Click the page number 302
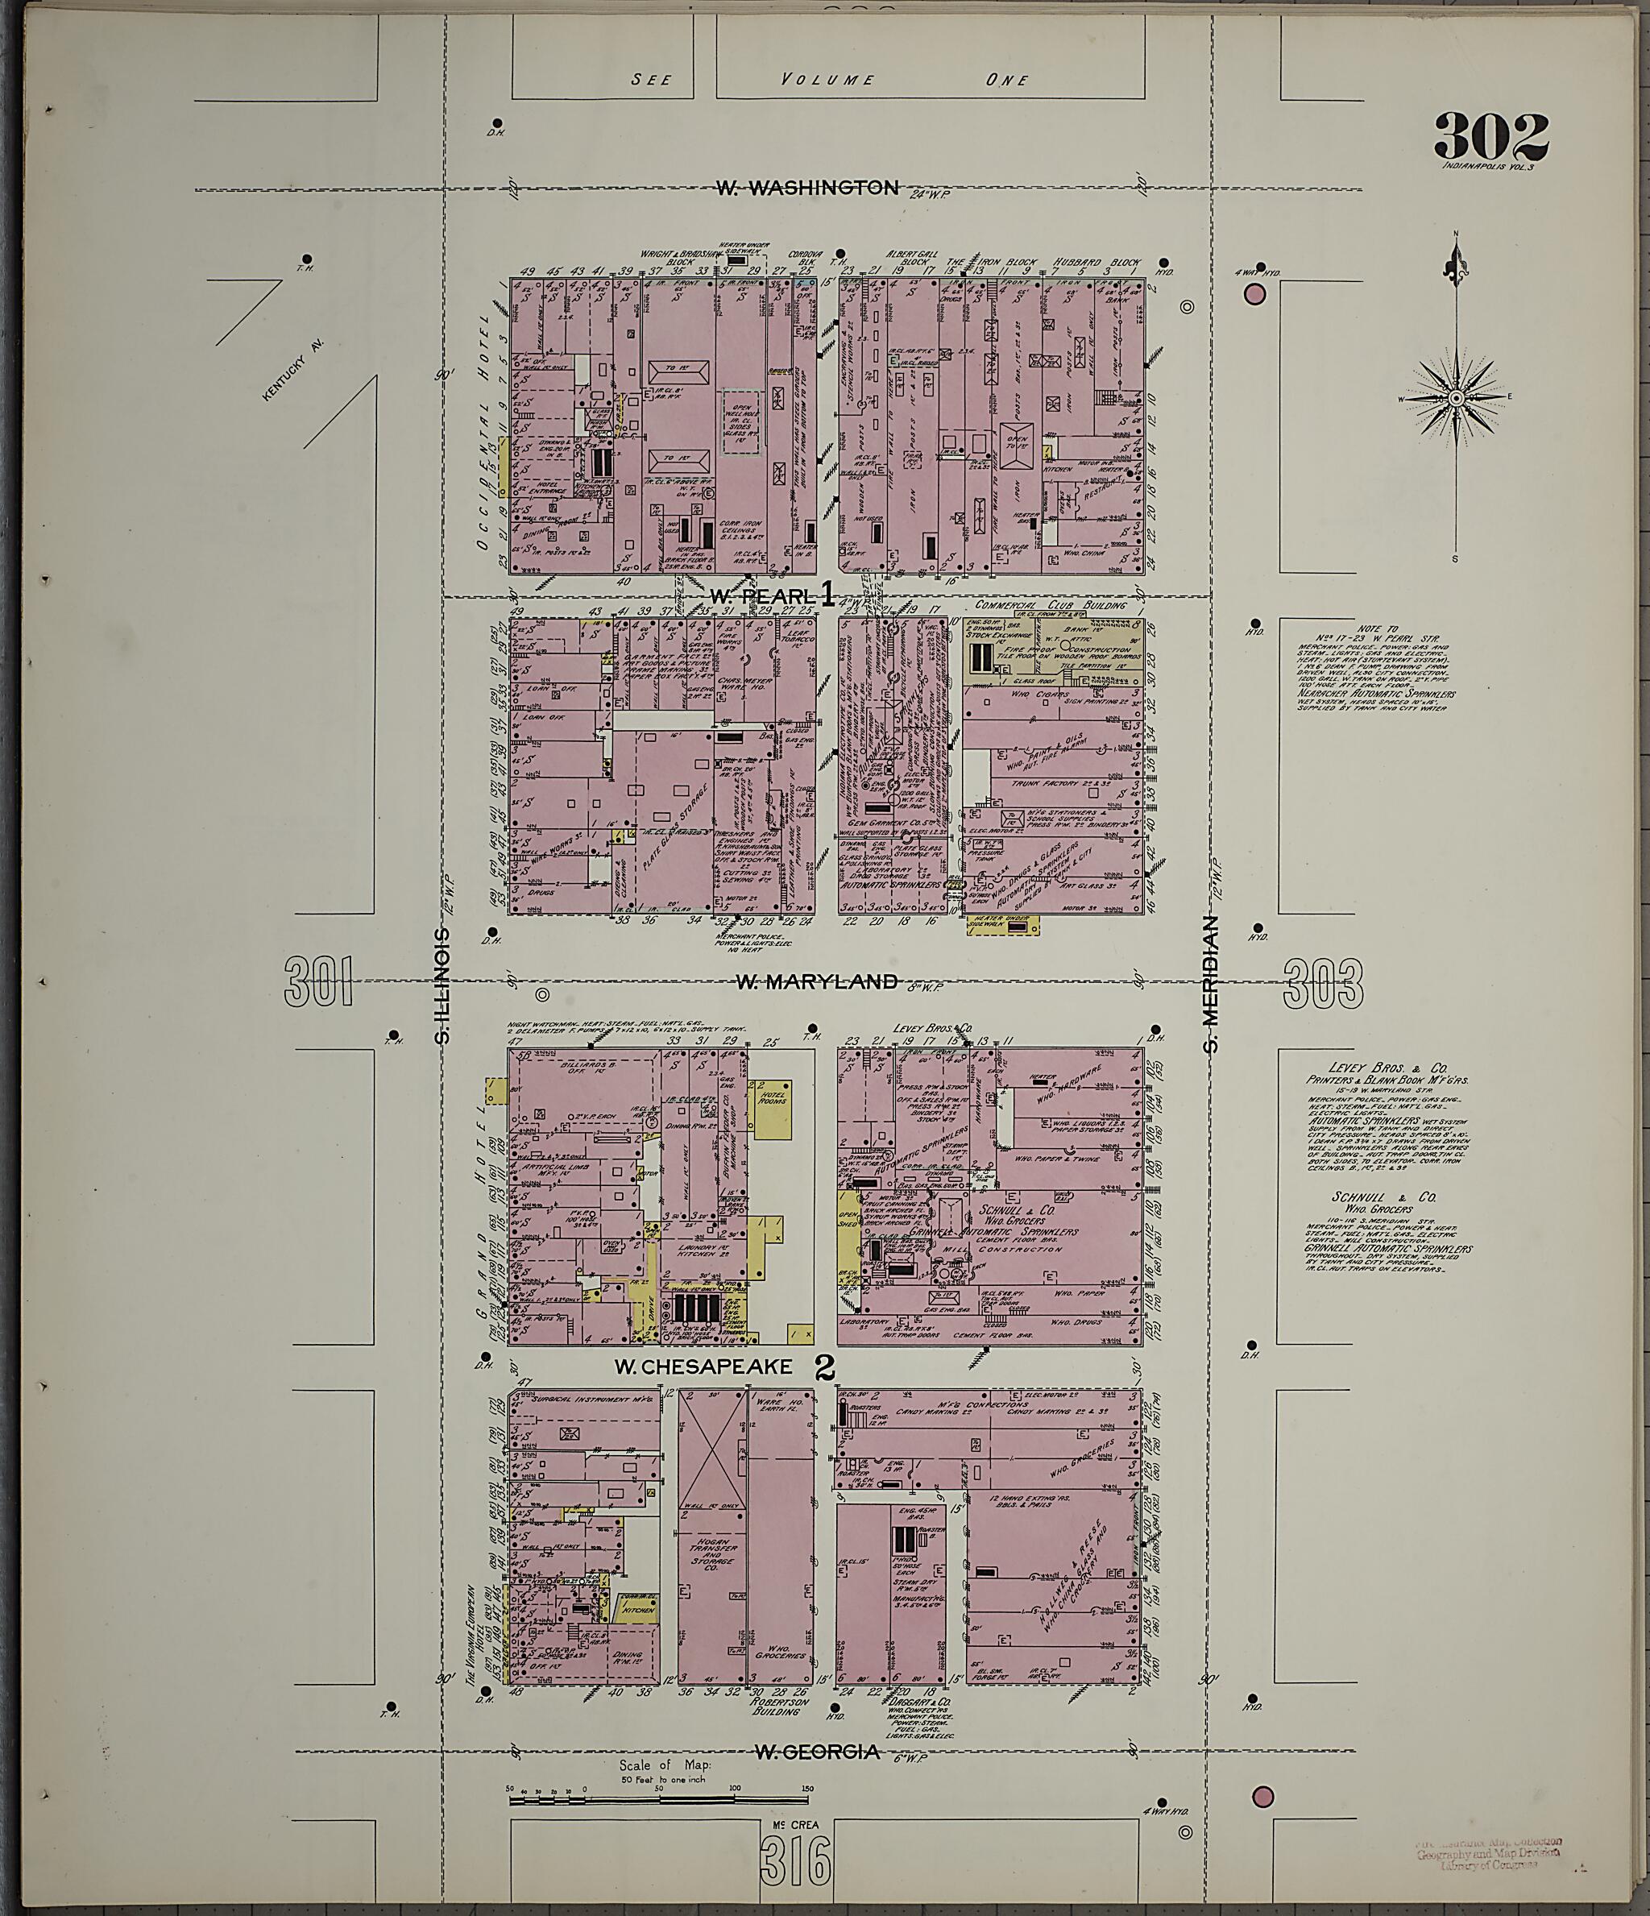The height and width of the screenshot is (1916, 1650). (x=1491, y=136)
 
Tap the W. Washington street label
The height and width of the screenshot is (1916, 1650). (x=806, y=188)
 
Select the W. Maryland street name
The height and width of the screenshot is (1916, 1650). (x=816, y=981)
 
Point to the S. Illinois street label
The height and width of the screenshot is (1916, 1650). (x=443, y=985)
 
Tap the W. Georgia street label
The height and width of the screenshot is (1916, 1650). (x=816, y=1752)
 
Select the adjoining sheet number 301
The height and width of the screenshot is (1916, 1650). (x=319, y=981)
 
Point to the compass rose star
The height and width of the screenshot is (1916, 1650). (x=1456, y=399)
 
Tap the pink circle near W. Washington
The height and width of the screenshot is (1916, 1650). (x=1254, y=295)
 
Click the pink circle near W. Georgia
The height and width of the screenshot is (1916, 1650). (x=1262, y=1797)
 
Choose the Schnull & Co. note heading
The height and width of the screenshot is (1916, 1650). (x=1370, y=1196)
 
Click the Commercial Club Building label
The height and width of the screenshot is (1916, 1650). (x=1051, y=605)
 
